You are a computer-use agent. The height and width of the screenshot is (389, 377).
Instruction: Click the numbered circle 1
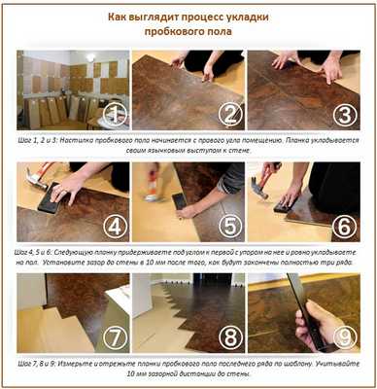coord(115,115)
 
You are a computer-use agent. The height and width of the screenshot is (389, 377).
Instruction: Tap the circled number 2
coord(231,115)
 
